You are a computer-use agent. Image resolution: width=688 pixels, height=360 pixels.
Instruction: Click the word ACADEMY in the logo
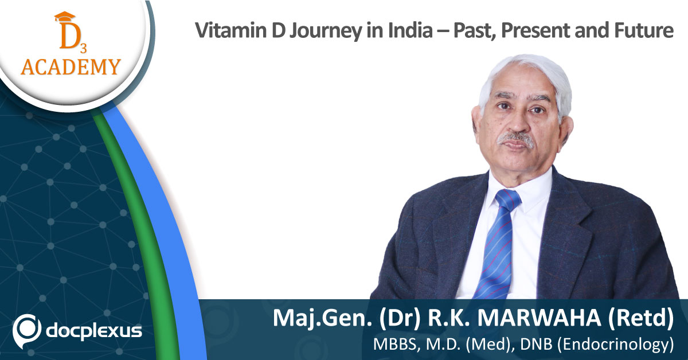click(x=71, y=66)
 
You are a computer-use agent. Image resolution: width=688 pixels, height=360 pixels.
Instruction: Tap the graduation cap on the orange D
click(x=65, y=17)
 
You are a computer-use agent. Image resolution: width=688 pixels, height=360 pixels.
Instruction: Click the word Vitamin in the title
click(x=231, y=30)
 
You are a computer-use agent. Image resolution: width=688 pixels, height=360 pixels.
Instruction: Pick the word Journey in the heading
click(x=326, y=32)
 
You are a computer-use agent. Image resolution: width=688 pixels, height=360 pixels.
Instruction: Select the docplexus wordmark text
click(x=94, y=331)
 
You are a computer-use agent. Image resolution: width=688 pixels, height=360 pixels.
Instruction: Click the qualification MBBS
click(x=394, y=345)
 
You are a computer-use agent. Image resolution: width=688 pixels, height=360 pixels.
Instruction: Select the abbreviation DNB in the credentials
click(x=536, y=345)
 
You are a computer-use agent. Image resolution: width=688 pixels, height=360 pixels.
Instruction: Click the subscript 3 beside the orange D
click(x=83, y=48)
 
